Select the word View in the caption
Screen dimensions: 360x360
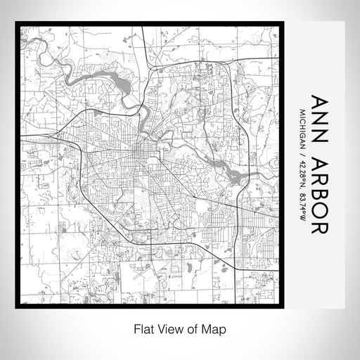click(167, 328)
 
